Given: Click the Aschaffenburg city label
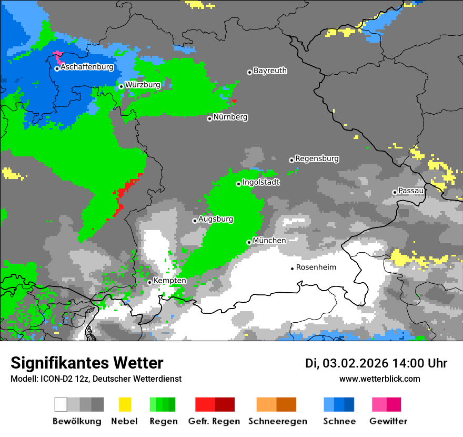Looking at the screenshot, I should point(87,67).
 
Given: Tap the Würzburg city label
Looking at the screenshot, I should point(143,84).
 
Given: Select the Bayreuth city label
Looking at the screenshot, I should point(270,71).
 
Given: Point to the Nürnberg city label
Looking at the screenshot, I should point(230,117).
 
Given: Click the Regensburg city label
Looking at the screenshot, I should point(317,158).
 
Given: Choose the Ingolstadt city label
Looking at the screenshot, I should point(261,182).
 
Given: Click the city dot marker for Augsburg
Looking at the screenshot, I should point(195,221).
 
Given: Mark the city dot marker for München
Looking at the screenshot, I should point(249,242).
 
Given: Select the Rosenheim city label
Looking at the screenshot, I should point(316,267).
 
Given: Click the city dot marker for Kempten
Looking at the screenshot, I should point(149,282).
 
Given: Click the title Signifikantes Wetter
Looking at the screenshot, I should point(87,363).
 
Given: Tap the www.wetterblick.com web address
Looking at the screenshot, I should point(379,379).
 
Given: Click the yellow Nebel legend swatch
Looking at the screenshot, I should point(125,404).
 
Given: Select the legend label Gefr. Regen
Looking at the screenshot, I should point(214,421).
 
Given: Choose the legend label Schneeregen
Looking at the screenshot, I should point(278,421).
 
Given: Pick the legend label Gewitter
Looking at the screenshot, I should point(388,421).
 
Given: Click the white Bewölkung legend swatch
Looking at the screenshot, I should point(61,404).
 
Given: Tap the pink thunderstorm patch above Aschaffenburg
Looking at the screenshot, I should point(57,55).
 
